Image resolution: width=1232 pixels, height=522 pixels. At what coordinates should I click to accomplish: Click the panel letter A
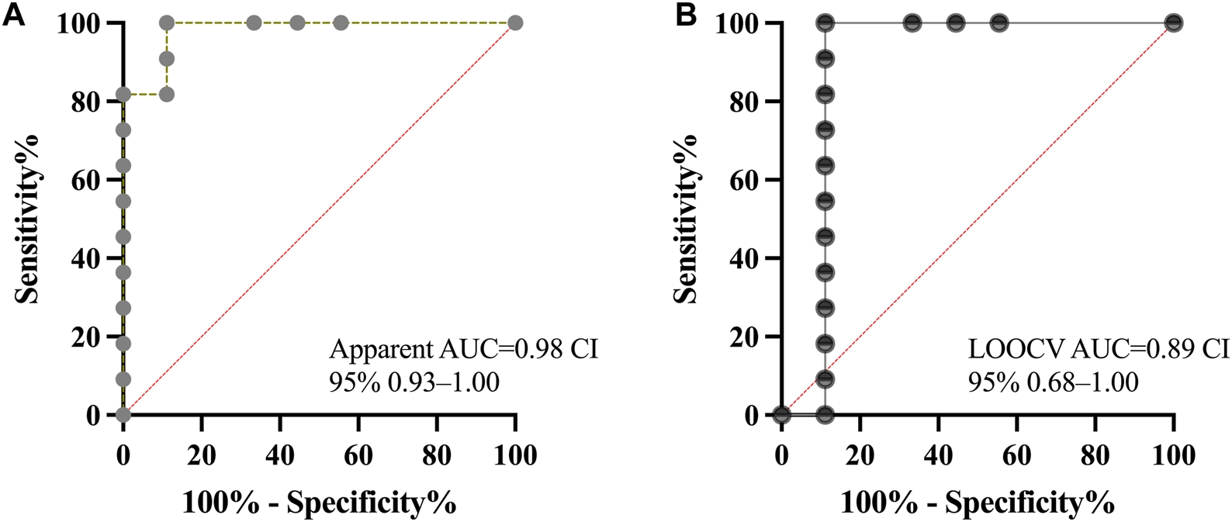pyautogui.click(x=16, y=15)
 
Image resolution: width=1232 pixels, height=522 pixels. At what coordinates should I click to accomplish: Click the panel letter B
pyautogui.click(x=687, y=15)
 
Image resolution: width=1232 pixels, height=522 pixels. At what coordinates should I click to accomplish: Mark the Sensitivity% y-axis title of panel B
pyautogui.click(x=685, y=219)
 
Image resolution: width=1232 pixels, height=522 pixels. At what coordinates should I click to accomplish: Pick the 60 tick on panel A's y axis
pyautogui.click(x=92, y=180)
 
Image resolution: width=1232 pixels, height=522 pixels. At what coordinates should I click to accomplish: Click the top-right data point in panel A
pyautogui.click(x=515, y=23)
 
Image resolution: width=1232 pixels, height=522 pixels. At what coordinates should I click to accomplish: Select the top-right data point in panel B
pyautogui.click(x=1174, y=23)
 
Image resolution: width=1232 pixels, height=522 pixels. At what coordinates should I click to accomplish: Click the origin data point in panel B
pyautogui.click(x=781, y=415)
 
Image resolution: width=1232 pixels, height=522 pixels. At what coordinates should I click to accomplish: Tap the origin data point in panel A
pyautogui.click(x=123, y=415)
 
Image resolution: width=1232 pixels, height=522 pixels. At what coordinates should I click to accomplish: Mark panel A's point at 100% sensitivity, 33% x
pyautogui.click(x=254, y=23)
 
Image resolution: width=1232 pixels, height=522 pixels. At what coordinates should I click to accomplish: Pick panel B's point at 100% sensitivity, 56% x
pyautogui.click(x=999, y=23)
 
